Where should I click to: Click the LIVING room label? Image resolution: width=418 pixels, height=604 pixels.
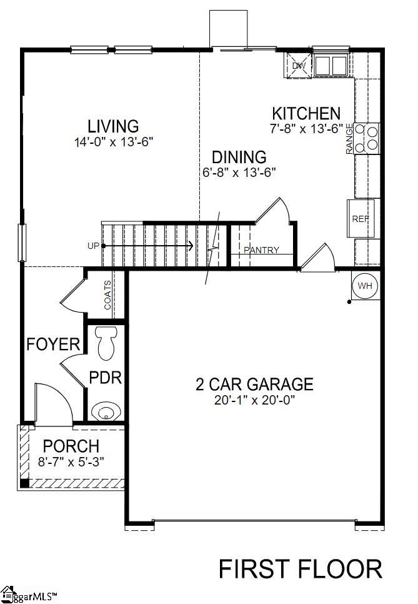(113, 126)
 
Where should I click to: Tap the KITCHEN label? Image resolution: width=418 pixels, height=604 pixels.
(306, 114)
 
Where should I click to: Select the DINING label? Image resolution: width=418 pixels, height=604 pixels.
(239, 157)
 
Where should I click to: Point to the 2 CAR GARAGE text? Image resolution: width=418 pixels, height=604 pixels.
(253, 383)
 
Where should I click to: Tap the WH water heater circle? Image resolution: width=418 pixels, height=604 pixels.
(365, 286)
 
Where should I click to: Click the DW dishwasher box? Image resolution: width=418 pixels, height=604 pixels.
(299, 65)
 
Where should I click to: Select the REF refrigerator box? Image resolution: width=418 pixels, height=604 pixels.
(361, 218)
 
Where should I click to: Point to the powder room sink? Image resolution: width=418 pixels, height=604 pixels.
(105, 411)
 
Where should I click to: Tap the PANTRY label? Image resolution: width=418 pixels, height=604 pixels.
(261, 250)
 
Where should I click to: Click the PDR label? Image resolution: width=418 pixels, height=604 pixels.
(105, 378)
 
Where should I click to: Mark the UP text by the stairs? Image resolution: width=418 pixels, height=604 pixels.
(93, 246)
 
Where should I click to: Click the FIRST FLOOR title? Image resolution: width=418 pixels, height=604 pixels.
(300, 569)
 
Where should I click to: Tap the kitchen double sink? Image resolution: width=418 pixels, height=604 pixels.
(331, 64)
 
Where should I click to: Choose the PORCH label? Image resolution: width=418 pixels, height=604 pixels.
(71, 446)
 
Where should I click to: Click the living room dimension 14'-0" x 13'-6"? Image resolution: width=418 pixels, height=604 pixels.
(113, 142)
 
